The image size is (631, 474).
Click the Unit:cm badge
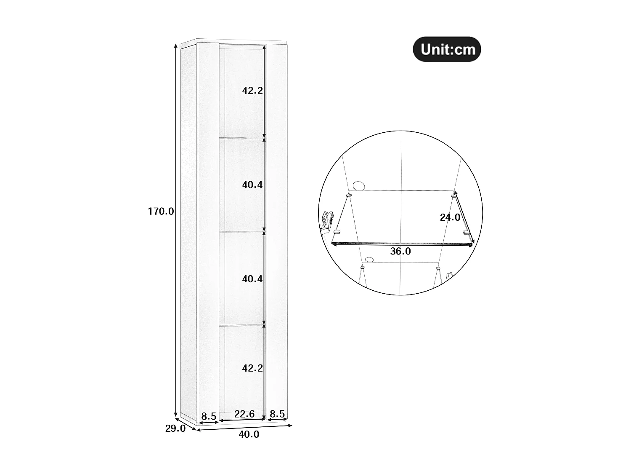(447, 49)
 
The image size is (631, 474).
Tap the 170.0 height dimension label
(161, 212)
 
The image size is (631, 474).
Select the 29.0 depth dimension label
(175, 429)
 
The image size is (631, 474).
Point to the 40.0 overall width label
(249, 435)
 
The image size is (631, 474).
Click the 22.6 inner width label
(244, 414)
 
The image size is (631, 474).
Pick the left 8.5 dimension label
(209, 417)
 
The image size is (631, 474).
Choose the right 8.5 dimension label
(278, 414)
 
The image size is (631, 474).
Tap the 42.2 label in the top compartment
(252, 90)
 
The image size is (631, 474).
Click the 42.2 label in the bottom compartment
(252, 368)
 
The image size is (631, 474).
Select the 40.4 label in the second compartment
(252, 185)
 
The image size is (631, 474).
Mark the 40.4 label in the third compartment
(252, 279)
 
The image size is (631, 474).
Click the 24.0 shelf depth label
(450, 218)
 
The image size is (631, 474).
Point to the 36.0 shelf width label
(400, 252)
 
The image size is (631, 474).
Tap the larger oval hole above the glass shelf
(359, 185)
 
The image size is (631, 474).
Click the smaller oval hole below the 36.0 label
(370, 260)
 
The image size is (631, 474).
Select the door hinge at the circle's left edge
(327, 220)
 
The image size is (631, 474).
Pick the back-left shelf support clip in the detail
(348, 195)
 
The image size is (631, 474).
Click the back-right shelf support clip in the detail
(454, 195)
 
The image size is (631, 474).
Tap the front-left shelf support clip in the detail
(337, 231)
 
